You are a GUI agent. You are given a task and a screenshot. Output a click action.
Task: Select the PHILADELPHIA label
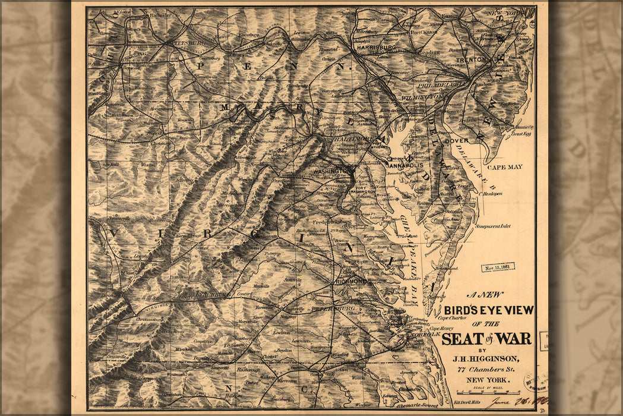[x=443, y=84]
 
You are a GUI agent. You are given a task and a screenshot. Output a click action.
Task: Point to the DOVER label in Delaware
[x=456, y=141]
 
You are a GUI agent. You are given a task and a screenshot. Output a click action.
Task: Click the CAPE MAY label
[x=505, y=167]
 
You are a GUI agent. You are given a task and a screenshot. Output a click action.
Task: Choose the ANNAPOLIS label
[x=406, y=165]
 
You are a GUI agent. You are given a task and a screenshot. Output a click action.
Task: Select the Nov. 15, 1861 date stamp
[x=498, y=267]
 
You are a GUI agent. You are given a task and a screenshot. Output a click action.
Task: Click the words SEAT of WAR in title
[x=486, y=339]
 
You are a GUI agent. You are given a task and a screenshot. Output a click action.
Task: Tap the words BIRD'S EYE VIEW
[x=488, y=310]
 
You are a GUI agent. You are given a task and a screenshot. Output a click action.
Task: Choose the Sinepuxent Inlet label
[x=492, y=226]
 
